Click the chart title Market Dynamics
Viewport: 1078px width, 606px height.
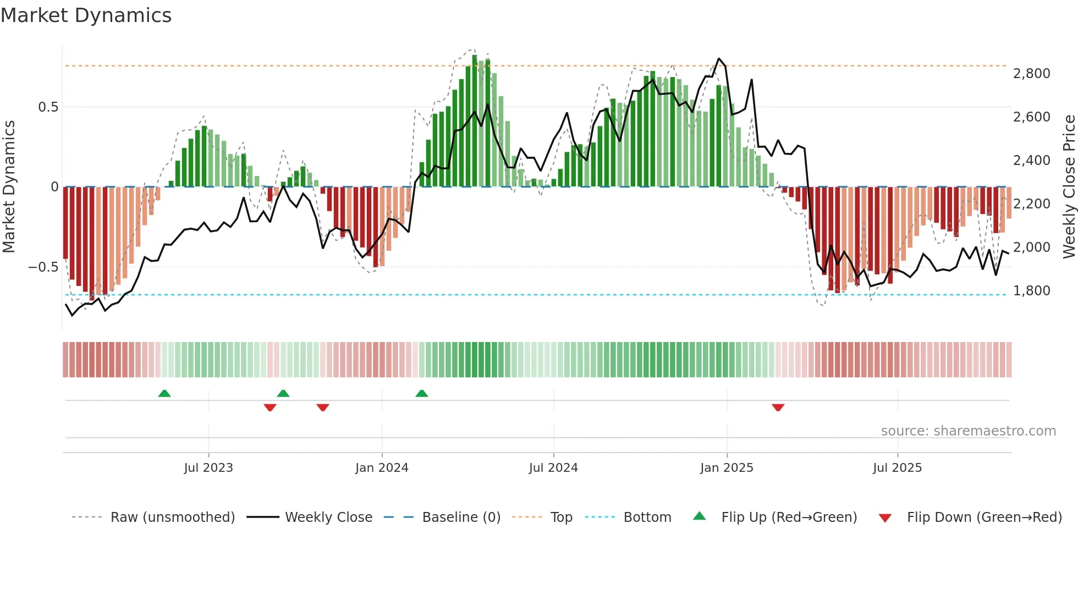point(86,15)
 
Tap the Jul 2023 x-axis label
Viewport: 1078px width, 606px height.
point(208,467)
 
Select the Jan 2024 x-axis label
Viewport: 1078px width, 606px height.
point(382,467)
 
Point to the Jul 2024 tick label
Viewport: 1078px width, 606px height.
point(553,467)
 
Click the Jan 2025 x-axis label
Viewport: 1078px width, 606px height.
point(727,467)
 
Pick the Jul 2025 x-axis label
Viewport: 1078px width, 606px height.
point(897,467)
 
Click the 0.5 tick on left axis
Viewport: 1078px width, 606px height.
point(48,107)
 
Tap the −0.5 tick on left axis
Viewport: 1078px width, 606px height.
point(43,267)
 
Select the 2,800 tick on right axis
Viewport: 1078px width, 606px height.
point(1031,74)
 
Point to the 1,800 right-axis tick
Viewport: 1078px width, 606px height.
point(1031,291)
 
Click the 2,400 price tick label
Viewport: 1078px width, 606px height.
point(1031,161)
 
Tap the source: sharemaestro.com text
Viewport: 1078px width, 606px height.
point(968,431)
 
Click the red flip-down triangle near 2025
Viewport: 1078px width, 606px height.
point(778,407)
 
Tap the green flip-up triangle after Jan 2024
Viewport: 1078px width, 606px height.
point(422,393)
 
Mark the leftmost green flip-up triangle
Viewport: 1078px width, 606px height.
point(164,393)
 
